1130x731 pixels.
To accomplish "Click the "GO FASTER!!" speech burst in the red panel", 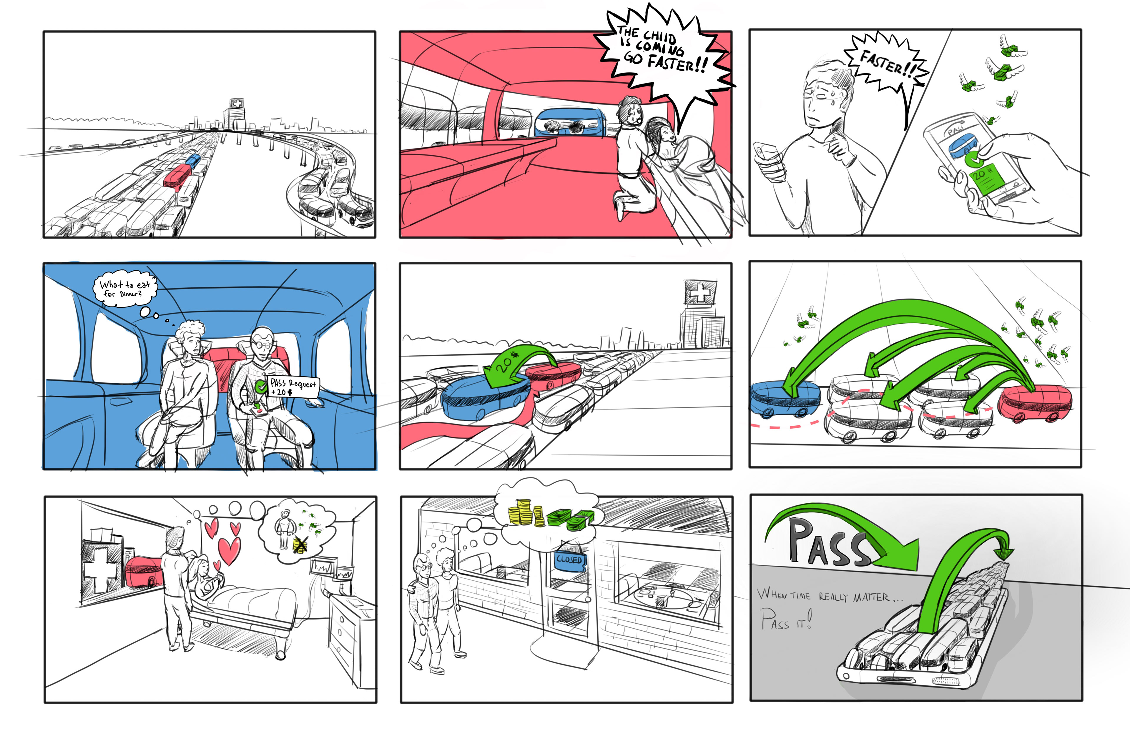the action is pyautogui.click(x=665, y=52).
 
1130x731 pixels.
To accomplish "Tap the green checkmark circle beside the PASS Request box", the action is pyautogui.click(x=261, y=387).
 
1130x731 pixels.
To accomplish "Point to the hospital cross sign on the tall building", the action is pyautogui.click(x=699, y=292).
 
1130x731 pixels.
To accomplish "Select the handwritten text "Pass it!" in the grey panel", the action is pyautogui.click(x=786, y=620).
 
